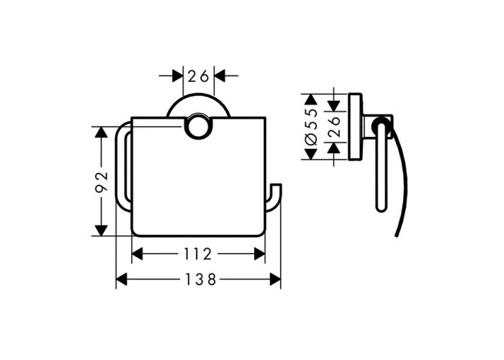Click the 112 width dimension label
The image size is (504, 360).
point(198,254)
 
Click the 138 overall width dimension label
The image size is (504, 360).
point(200,279)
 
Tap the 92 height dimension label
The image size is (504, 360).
point(102,181)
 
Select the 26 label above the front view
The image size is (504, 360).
point(198,76)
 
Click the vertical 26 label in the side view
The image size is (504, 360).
point(334,127)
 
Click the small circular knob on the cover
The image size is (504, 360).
point(198,126)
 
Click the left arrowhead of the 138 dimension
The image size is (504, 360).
point(122,279)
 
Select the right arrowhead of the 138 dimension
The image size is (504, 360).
point(276,279)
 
